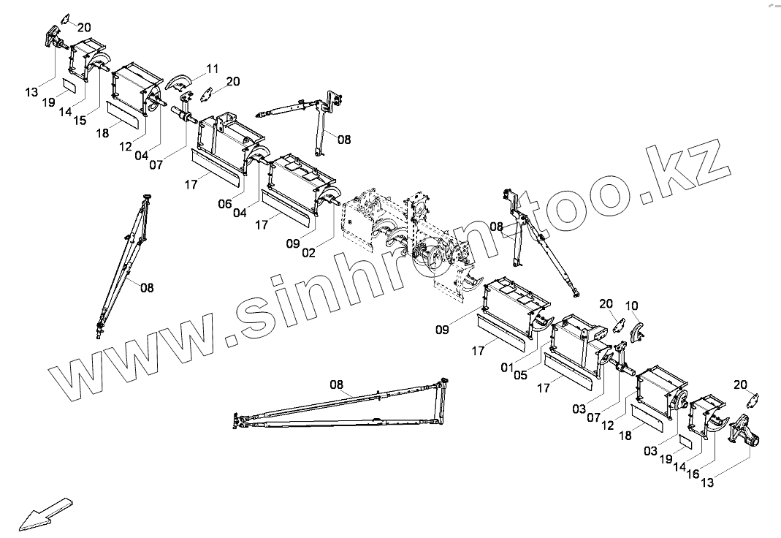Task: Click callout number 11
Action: pos(212,69)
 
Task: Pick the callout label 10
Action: pos(632,305)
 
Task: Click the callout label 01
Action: pos(507,367)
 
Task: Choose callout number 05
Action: pos(521,376)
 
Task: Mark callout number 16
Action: pos(692,474)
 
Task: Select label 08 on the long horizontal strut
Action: pos(336,384)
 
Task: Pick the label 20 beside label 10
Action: pos(606,303)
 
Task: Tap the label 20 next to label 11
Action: pos(233,81)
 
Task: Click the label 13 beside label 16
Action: pos(708,482)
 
